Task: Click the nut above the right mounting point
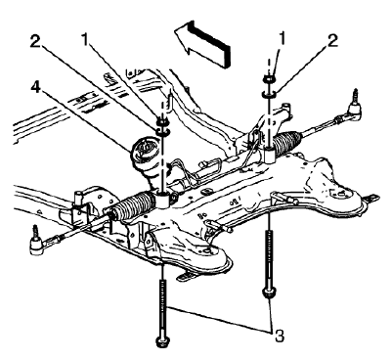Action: (x=267, y=81)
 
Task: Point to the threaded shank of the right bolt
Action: (x=267, y=254)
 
